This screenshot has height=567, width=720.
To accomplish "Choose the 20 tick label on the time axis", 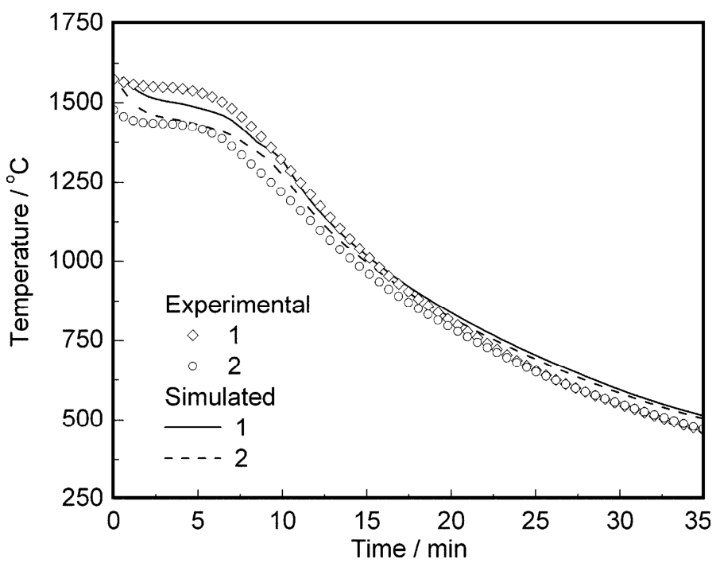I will (x=451, y=521).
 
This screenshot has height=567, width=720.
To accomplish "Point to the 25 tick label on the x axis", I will (x=536, y=521).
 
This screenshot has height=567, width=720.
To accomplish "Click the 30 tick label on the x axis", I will (x=620, y=521).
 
